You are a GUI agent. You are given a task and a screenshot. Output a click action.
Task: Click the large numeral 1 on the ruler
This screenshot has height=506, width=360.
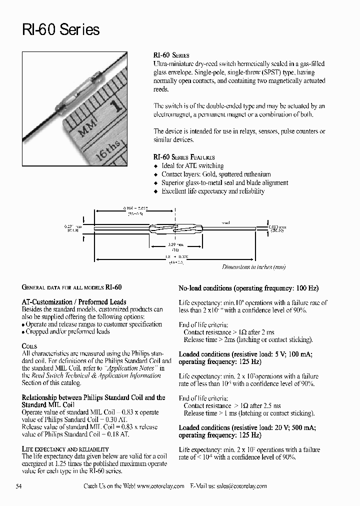pyautogui.click(x=117, y=106)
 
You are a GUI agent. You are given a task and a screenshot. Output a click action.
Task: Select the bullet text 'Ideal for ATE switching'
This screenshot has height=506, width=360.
pyautogui.click(x=192, y=166)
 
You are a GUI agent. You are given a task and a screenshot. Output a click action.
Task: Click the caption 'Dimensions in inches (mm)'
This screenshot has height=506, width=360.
pyautogui.click(x=254, y=267)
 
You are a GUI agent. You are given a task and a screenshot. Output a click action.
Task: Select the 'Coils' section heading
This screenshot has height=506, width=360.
pyautogui.click(x=29, y=346)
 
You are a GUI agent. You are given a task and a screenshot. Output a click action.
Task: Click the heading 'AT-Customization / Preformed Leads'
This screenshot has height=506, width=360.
pyautogui.click(x=74, y=302)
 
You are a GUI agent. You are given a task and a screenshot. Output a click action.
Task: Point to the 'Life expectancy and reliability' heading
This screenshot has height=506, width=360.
pyautogui.click(x=65, y=449)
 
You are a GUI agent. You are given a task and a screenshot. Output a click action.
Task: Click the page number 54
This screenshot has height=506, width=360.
pyautogui.click(x=19, y=486)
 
